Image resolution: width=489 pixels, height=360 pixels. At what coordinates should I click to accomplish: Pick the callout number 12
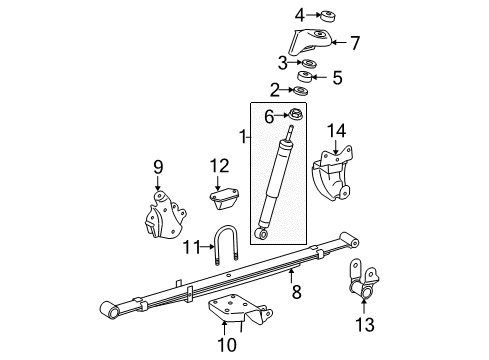(x=219, y=165)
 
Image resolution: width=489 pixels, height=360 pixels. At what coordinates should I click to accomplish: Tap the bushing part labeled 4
(x=328, y=15)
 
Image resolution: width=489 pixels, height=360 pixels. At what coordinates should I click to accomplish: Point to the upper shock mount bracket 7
(x=311, y=43)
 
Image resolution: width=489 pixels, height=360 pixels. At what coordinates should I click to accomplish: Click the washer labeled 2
(x=299, y=92)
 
